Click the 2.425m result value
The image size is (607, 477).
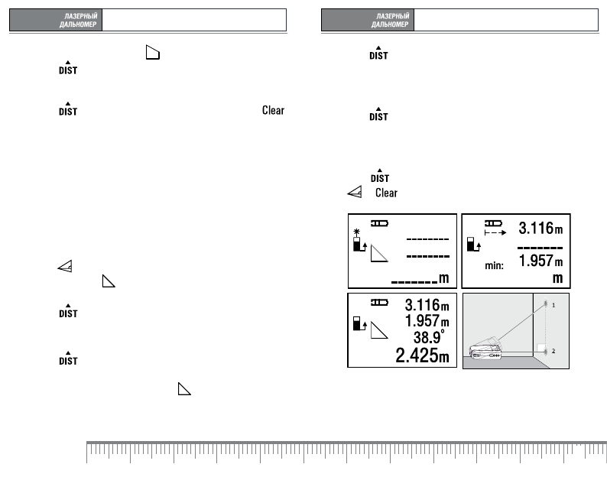pyautogui.click(x=422, y=355)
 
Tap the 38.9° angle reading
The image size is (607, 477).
pyautogui.click(x=429, y=337)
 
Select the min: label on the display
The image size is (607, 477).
pyautogui.click(x=494, y=265)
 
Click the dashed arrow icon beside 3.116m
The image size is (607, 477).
pyautogui.click(x=495, y=232)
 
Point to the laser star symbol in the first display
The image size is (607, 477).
pyautogui.click(x=356, y=232)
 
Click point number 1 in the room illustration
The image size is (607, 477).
pyautogui.click(x=553, y=306)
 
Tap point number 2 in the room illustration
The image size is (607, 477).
pyautogui.click(x=553, y=351)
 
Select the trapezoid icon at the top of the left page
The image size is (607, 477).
pyautogui.click(x=153, y=52)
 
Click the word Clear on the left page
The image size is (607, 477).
pyautogui.click(x=273, y=110)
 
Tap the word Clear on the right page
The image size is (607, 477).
pyautogui.click(x=386, y=193)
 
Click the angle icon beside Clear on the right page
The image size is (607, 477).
pyautogui.click(x=355, y=192)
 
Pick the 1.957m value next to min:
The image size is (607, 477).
pyautogui.click(x=540, y=261)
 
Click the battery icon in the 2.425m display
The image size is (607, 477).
pyautogui.click(x=379, y=303)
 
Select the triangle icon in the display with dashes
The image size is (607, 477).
pyautogui.click(x=379, y=253)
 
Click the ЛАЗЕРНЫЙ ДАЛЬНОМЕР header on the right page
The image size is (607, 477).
pyautogui.click(x=390, y=20)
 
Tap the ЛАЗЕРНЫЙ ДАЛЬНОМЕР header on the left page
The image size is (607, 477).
pyautogui.click(x=78, y=20)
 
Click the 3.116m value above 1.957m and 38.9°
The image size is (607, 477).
pyautogui.click(x=427, y=305)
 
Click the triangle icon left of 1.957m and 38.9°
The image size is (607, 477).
pyautogui.click(x=379, y=330)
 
